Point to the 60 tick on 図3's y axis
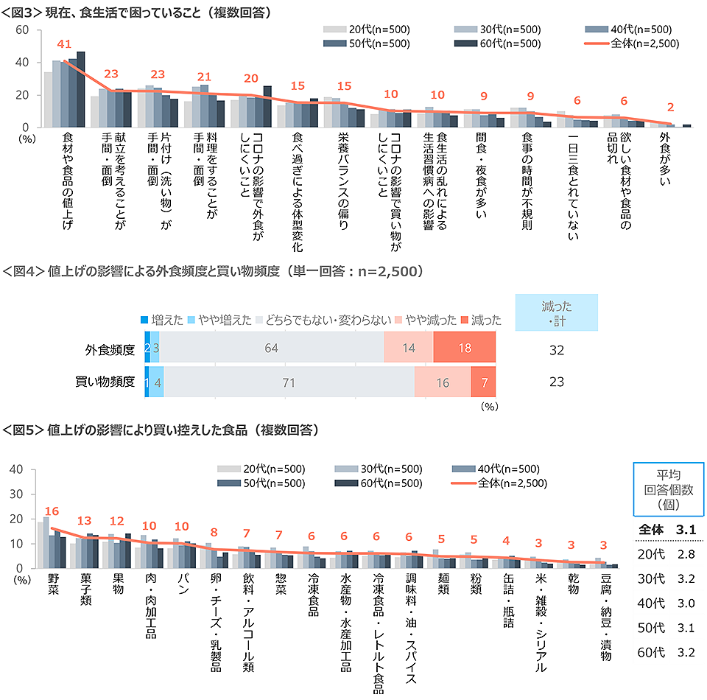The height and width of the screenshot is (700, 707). click(x=21, y=29)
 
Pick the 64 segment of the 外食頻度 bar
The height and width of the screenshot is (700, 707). click(x=271, y=348)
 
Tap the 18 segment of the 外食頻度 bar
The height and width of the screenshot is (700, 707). click(x=464, y=348)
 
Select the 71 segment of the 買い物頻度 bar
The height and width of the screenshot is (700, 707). click(x=288, y=382)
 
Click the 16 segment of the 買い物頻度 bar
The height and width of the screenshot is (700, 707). click(x=442, y=382)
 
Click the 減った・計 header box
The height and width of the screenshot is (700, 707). click(x=556, y=312)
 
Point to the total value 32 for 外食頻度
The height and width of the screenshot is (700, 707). click(x=556, y=349)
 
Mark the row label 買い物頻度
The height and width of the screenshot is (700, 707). click(x=105, y=382)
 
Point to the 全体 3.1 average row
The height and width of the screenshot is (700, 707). click(x=667, y=528)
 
